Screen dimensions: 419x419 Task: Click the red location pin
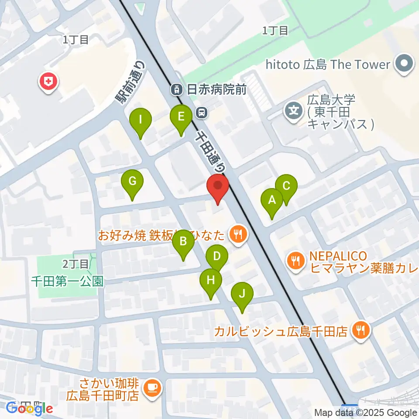click(217, 188)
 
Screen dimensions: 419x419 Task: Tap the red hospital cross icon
click(48, 82)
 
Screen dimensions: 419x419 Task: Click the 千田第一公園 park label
click(68, 281)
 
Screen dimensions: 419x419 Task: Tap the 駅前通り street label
click(130, 82)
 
